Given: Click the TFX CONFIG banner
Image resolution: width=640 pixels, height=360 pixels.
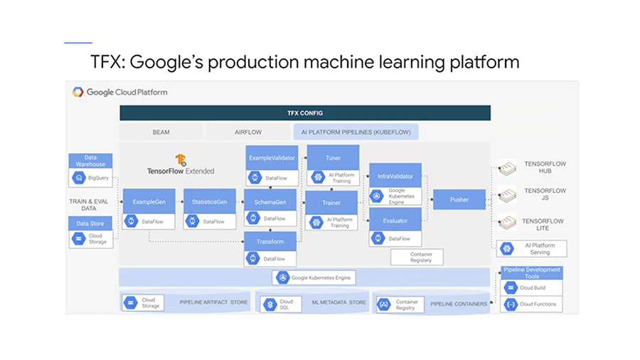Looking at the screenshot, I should [x=304, y=113].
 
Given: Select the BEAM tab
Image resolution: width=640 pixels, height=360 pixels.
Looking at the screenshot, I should [x=161, y=132].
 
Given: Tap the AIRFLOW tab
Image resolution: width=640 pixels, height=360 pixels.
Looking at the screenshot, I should [x=249, y=132].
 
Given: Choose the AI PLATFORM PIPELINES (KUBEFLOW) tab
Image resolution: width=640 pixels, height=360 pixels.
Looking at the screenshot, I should [x=356, y=132].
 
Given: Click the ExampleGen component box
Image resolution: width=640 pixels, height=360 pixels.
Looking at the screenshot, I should [x=149, y=201].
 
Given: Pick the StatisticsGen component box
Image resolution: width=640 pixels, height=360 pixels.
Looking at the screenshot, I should [x=209, y=201].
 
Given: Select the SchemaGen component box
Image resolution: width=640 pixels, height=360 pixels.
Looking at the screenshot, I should [x=270, y=201].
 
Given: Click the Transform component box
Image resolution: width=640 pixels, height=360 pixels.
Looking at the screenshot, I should [x=270, y=241].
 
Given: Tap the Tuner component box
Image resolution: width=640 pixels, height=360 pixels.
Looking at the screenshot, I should [x=332, y=158].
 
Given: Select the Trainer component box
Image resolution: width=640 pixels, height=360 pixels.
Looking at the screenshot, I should [x=332, y=203].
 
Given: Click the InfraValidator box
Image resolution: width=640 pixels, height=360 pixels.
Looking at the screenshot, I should [x=395, y=175].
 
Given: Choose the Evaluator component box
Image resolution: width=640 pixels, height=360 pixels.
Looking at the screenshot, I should [x=395, y=221].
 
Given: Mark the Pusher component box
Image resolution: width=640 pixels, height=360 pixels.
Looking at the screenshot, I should [x=459, y=200].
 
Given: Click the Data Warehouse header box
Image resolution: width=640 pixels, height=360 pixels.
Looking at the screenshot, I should [x=90, y=161].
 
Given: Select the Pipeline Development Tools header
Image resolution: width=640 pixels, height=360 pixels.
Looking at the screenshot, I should [x=531, y=273].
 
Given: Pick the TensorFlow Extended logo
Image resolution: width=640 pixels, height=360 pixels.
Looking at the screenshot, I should [x=180, y=160].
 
